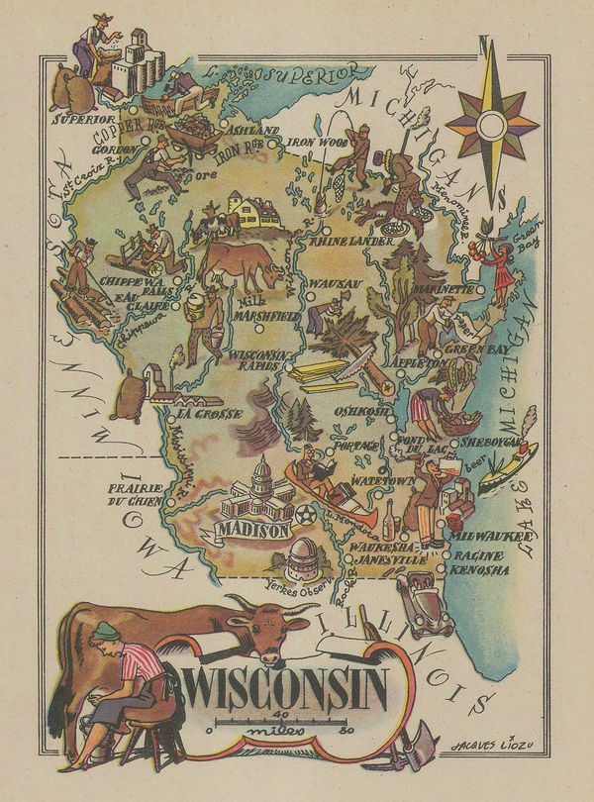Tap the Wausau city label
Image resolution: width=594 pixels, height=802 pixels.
333,284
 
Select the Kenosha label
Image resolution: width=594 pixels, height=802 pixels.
478,570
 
